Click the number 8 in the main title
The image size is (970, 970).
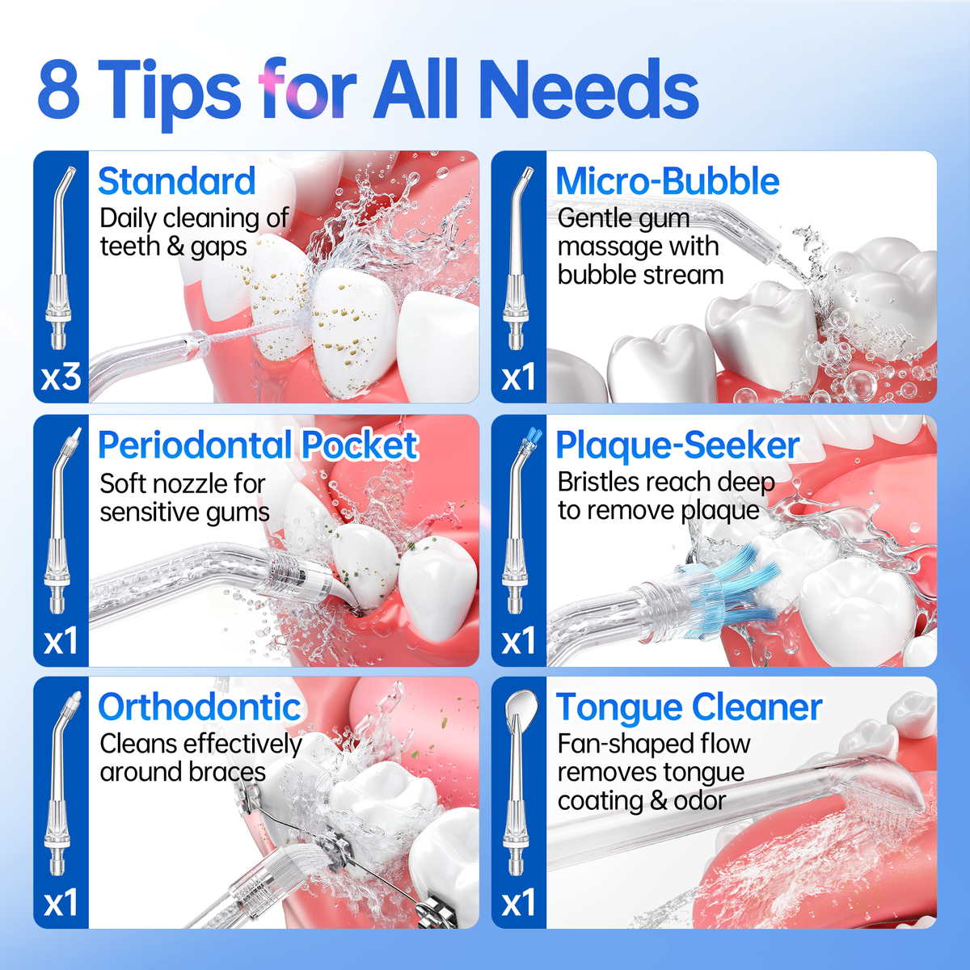[59, 89]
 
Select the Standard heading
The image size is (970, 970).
[177, 181]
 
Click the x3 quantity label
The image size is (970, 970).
[61, 377]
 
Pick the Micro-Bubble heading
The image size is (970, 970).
[668, 181]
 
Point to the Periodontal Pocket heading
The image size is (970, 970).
[258, 445]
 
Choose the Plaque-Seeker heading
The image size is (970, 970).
[677, 445]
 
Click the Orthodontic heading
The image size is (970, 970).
[200, 706]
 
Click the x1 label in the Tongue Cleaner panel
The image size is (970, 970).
[518, 902]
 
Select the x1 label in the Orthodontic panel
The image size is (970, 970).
[61, 902]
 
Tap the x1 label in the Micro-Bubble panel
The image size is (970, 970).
[518, 377]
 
